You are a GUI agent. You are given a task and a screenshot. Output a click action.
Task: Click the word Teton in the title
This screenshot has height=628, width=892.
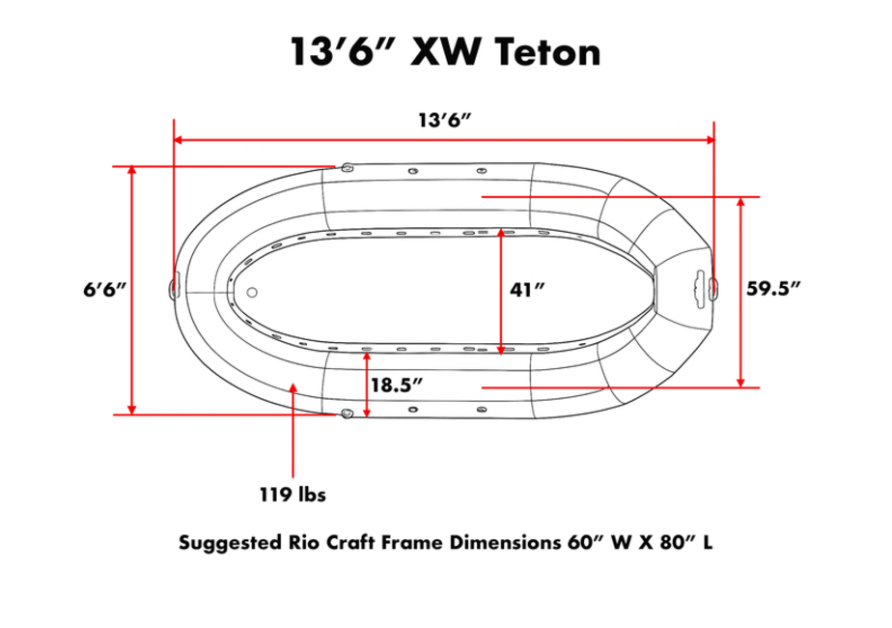click(547, 51)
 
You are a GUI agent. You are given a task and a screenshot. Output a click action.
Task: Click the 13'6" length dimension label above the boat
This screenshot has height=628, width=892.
click(444, 121)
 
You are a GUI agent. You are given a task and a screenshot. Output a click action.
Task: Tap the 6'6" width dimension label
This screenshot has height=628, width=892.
click(105, 290)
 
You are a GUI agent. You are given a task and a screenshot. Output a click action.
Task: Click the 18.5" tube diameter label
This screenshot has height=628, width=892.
click(398, 384)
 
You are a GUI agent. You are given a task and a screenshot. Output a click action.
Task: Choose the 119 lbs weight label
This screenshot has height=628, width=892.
click(293, 495)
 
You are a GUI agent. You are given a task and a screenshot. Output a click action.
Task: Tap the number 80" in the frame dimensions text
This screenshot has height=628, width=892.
click(671, 542)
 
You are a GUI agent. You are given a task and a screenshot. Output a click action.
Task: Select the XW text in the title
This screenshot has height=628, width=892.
click(445, 51)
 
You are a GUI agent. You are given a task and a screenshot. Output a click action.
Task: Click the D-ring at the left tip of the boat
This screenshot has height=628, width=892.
click(175, 287)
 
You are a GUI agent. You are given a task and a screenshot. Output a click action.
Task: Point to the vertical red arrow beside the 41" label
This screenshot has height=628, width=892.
click(501, 291)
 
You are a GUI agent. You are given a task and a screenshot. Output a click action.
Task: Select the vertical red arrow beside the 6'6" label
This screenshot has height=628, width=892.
click(133, 290)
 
